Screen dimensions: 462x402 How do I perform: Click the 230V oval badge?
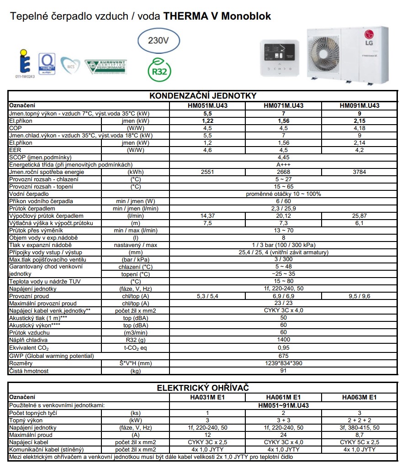tap(159, 41)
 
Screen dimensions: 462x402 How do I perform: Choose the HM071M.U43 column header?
tap(283, 105)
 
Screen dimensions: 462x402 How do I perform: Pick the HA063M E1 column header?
tap(360, 398)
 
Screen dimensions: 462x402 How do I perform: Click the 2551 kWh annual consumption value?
tap(207, 172)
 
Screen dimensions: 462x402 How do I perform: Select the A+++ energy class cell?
tap(283, 165)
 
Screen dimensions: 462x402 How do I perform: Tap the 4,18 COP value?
tap(360, 128)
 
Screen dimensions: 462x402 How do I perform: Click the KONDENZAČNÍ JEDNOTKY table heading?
tap(203, 96)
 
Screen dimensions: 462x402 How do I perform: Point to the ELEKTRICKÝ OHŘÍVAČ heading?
tap(203, 388)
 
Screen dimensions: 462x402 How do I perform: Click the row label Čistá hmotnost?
tap(29, 371)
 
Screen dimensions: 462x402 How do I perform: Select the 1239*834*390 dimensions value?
tap(283, 363)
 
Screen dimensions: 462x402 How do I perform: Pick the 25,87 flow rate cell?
tap(360, 215)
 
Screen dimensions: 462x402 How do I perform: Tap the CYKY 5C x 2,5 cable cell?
tap(360, 442)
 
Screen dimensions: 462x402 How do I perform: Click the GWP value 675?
tap(283, 356)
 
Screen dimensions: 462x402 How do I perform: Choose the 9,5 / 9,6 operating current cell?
tap(360, 296)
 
